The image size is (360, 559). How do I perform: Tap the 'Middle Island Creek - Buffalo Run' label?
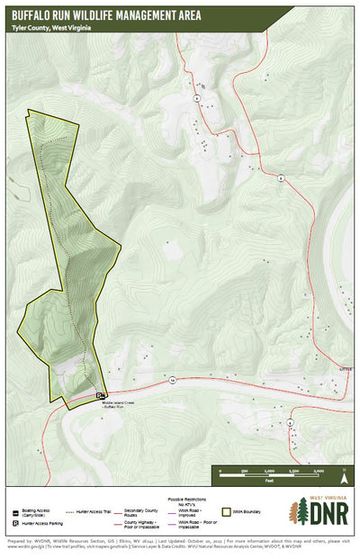[x=118, y=404]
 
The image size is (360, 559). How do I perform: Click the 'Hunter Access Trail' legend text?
[x=95, y=510]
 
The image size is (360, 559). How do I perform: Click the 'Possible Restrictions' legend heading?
[x=188, y=498]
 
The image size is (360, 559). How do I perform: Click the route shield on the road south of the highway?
[x=290, y=421]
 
